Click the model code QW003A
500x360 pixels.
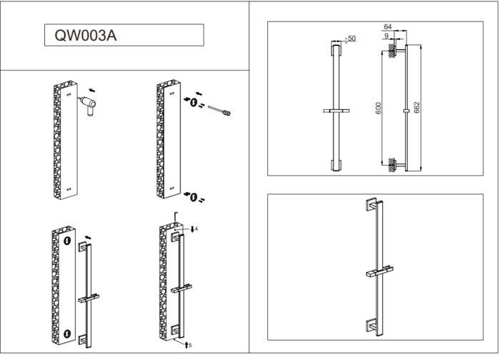pyautogui.click(x=81, y=36)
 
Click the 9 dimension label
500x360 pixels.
pyautogui.click(x=386, y=36)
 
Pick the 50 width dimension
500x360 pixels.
pyautogui.click(x=351, y=38)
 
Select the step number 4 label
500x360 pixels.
pyautogui.click(x=196, y=229)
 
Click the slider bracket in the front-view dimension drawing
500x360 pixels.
pyautogui.click(x=336, y=111)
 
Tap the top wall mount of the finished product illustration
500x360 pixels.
pyautogui.click(x=371, y=204)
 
